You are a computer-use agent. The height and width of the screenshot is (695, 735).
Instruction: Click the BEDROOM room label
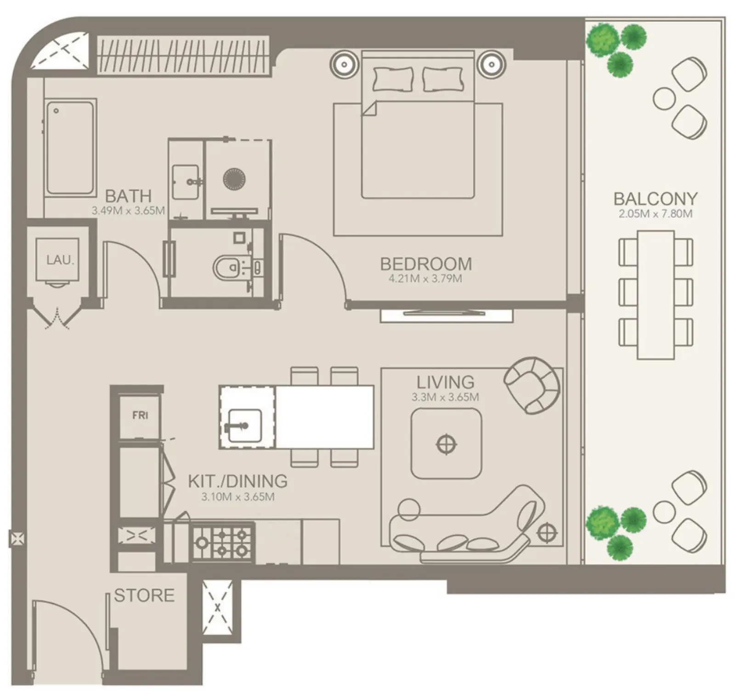coord(426,264)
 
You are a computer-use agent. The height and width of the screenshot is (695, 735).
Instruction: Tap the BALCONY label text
coord(656,199)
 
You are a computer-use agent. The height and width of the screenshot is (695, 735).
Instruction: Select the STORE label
coord(144,595)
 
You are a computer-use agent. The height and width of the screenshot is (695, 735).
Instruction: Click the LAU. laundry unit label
coord(60,260)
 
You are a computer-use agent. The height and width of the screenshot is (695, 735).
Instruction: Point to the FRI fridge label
coord(140,415)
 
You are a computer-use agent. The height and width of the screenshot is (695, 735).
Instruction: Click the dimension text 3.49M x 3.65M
coord(128,211)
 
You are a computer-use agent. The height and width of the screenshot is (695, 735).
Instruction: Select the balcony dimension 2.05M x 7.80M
coord(656,214)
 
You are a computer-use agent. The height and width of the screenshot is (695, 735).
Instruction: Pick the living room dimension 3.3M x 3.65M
coord(445,397)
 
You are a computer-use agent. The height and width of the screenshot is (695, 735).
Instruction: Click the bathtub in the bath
coord(70,148)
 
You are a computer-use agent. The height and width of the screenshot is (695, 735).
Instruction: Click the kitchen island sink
coord(244,426)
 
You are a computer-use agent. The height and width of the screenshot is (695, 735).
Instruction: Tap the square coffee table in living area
coord(446,444)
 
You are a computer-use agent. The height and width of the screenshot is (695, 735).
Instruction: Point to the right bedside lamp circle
coord(491,64)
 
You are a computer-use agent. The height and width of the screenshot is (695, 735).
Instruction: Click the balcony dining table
coord(656,295)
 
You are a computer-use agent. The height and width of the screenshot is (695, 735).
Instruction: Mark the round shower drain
coord(234,179)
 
